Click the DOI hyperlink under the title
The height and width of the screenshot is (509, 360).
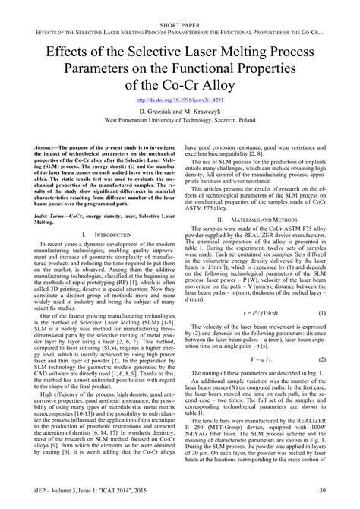click(x=179, y=100)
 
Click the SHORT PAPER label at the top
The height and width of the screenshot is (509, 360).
click(x=180, y=6)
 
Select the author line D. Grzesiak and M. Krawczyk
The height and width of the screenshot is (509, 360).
click(x=180, y=111)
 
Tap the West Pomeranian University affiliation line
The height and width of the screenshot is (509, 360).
click(x=180, y=120)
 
